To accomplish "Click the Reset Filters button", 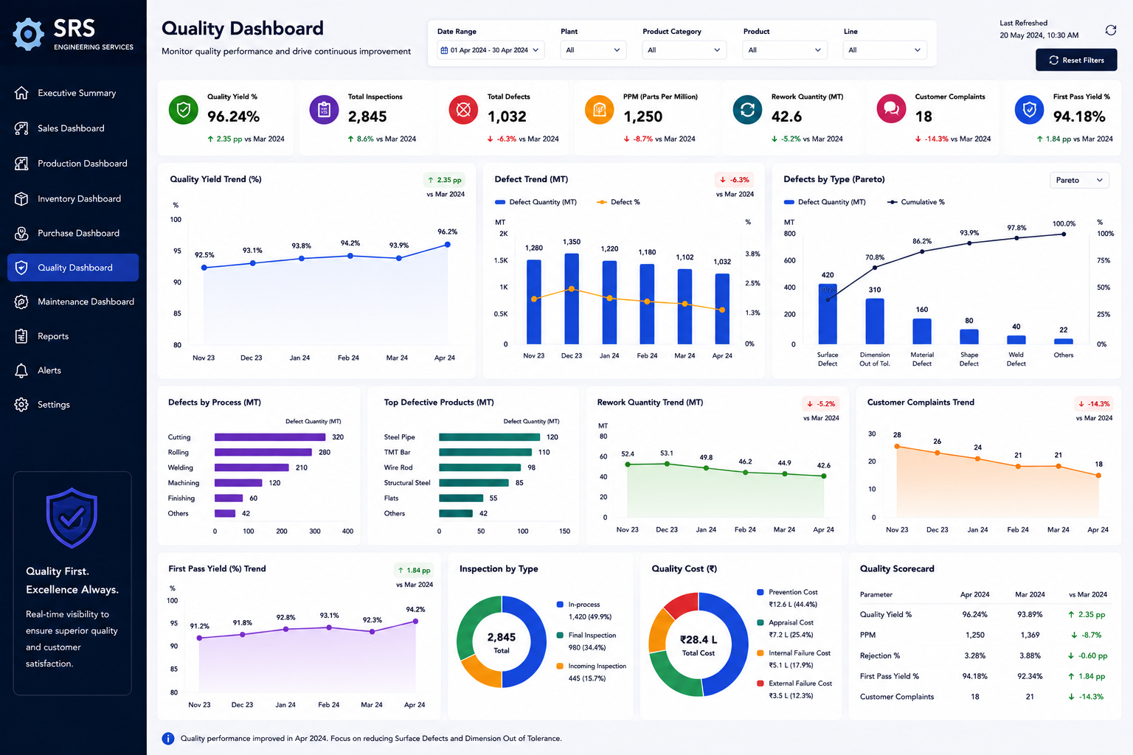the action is click(1076, 60).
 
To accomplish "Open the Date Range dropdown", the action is click(490, 50).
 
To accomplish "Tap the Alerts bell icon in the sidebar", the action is click(21, 371).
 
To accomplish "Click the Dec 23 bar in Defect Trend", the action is click(572, 299).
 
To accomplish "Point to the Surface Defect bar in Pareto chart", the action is click(828, 314).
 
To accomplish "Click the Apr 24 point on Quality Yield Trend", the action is click(448, 245).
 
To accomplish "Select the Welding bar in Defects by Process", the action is click(252, 467).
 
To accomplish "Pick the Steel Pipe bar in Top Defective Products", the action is click(489, 437).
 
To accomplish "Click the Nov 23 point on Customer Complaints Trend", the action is click(897, 447).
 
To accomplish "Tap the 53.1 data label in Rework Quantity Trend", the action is click(667, 453).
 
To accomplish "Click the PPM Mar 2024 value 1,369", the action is click(1030, 635).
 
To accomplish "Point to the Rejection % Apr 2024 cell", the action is click(974, 656).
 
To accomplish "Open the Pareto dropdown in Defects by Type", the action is click(1079, 181).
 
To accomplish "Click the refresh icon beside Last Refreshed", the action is click(1111, 30).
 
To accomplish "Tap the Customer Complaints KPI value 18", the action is click(924, 116).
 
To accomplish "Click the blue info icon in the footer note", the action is click(168, 739).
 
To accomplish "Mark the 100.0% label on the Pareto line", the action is click(1064, 224).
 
